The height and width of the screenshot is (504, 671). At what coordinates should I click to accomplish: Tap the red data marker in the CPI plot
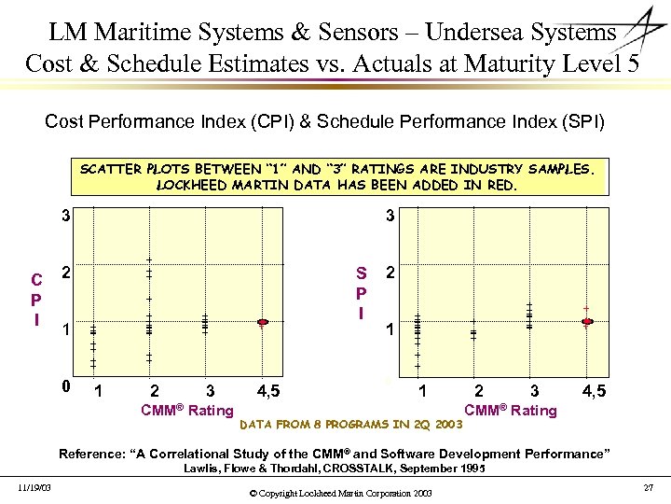pos(263,322)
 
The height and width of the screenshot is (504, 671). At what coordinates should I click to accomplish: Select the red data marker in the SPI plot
pos(587,322)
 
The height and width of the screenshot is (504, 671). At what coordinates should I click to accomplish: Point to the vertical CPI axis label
pos(35,299)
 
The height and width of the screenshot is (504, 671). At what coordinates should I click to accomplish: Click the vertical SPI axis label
pos(361,292)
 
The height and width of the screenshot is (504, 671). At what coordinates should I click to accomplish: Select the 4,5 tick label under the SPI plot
pos(594,390)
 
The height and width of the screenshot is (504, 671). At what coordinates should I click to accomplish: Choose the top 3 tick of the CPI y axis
pos(65,217)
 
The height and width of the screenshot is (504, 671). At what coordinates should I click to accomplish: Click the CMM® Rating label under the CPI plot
pos(186,410)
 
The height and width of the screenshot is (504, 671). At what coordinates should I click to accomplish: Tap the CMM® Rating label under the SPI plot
pos(511,410)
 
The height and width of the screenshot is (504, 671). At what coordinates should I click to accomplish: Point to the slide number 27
pos(649,487)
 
